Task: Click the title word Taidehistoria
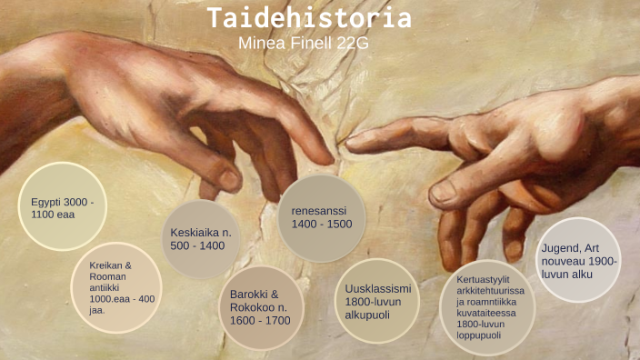309,18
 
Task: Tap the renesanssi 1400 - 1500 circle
321,218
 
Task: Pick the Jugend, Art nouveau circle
579,259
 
